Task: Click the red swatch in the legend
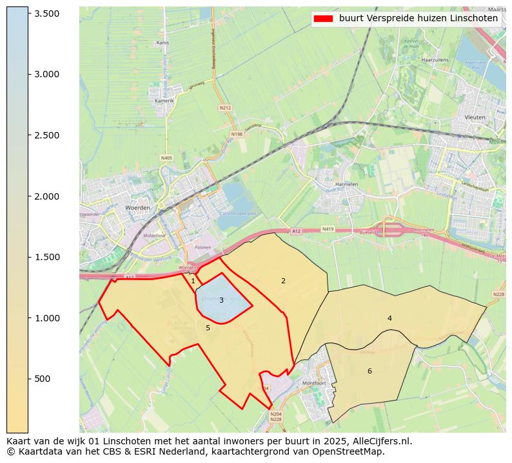(323, 19)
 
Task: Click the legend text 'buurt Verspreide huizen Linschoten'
(418, 19)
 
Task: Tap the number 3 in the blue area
(221, 300)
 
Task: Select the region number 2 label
(283, 281)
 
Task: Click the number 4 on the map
(389, 318)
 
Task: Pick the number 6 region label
(369, 371)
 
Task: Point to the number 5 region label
(208, 328)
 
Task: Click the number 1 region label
(193, 281)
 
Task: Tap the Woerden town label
(138, 208)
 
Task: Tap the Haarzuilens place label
(434, 59)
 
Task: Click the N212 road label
(225, 108)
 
